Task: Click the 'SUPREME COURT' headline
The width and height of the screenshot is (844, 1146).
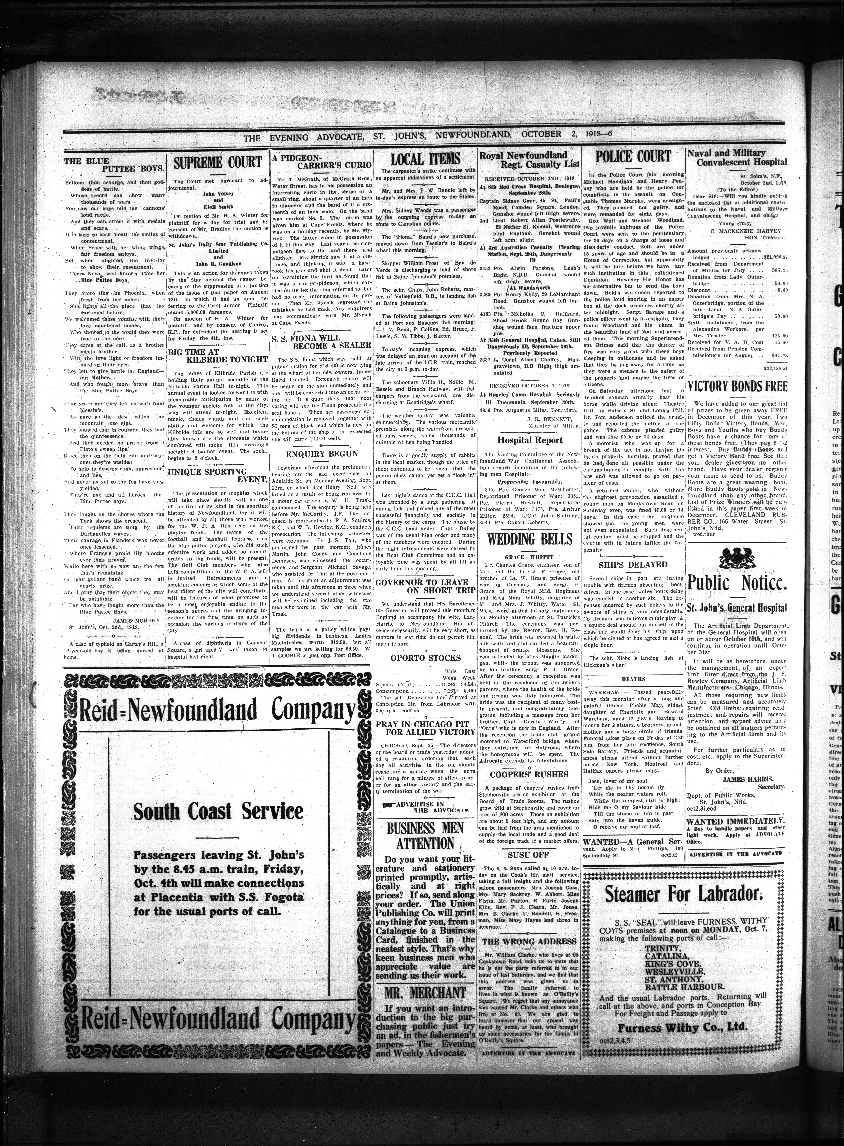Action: point(218,162)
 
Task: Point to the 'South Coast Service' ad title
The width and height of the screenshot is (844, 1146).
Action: point(218,811)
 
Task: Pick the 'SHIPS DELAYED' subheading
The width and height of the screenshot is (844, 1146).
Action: point(633,565)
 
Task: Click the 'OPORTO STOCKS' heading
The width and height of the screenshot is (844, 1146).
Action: point(426,658)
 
